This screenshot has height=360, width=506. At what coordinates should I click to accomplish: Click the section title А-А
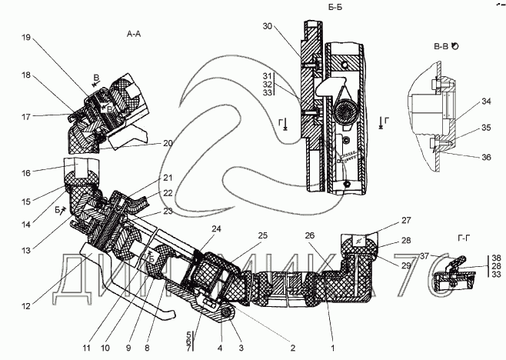pyautogui.click(x=134, y=34)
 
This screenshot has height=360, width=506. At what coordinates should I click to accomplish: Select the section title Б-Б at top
pyautogui.click(x=335, y=7)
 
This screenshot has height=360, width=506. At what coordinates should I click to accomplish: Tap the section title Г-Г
pyautogui.click(x=464, y=238)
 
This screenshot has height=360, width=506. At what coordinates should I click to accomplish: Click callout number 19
pyautogui.click(x=26, y=38)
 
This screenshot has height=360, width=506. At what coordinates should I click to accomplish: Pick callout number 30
pyautogui.click(x=268, y=26)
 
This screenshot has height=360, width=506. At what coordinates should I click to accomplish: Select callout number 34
pyautogui.click(x=486, y=102)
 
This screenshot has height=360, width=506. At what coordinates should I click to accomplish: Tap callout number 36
pyautogui.click(x=486, y=157)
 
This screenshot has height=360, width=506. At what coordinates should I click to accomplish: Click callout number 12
pyautogui.click(x=26, y=305)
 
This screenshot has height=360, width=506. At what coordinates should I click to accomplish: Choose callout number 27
pyautogui.click(x=406, y=220)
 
